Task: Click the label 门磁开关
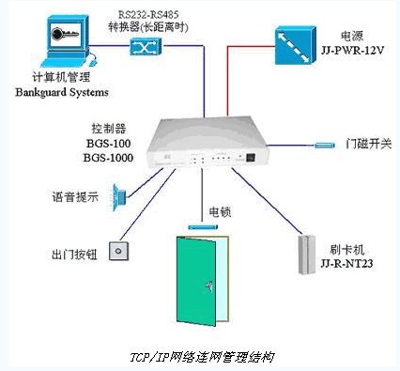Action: pyautogui.click(x=367, y=144)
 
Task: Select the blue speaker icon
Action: pyautogui.click(x=121, y=196)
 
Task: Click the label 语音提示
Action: pyautogui.click(x=75, y=198)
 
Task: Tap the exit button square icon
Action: pyautogui.click(x=118, y=251)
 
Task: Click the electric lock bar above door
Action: pyautogui.click(x=200, y=225)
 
